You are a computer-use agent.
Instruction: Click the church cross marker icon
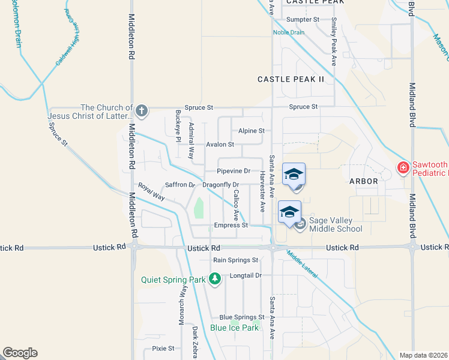(x=141, y=110)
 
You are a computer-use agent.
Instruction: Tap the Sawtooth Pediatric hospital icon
(x=403, y=168)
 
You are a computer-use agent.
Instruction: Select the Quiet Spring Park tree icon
(x=214, y=279)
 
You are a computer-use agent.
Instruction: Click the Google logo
(x=20, y=353)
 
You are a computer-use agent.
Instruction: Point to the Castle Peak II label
(x=291, y=79)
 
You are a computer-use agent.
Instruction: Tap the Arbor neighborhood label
(x=364, y=181)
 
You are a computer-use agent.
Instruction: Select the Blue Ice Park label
(x=235, y=328)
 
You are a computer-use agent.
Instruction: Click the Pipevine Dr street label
(x=234, y=171)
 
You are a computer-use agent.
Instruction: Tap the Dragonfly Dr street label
(x=221, y=185)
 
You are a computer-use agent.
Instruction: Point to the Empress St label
(x=231, y=226)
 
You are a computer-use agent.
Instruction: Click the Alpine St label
(x=252, y=130)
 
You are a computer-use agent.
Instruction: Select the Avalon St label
(x=220, y=145)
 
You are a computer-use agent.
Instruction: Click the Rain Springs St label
(x=236, y=260)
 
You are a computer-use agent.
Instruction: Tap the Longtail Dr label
(x=246, y=275)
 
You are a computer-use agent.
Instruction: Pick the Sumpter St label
(x=303, y=20)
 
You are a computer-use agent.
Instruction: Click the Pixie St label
(x=163, y=348)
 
